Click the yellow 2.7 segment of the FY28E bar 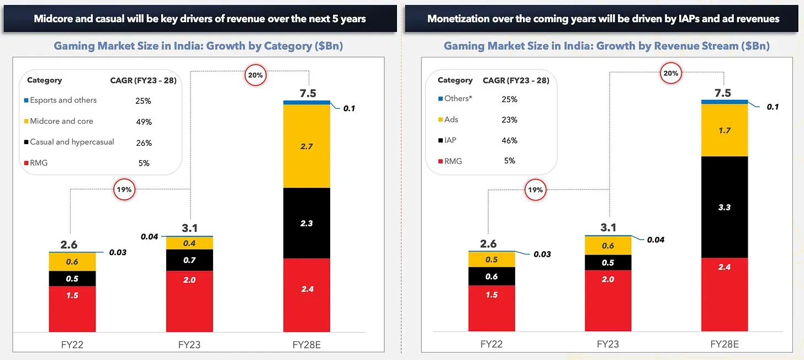click(306, 146)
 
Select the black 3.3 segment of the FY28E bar click(724, 207)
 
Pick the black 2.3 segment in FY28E click(306, 223)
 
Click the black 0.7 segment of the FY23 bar click(190, 260)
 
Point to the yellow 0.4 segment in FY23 click(190, 243)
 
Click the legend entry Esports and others click(63, 100)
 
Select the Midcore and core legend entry click(61, 121)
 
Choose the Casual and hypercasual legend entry click(72, 142)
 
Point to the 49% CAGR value click(143, 122)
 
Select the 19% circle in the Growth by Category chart click(124, 189)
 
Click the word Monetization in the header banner click(457, 18)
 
